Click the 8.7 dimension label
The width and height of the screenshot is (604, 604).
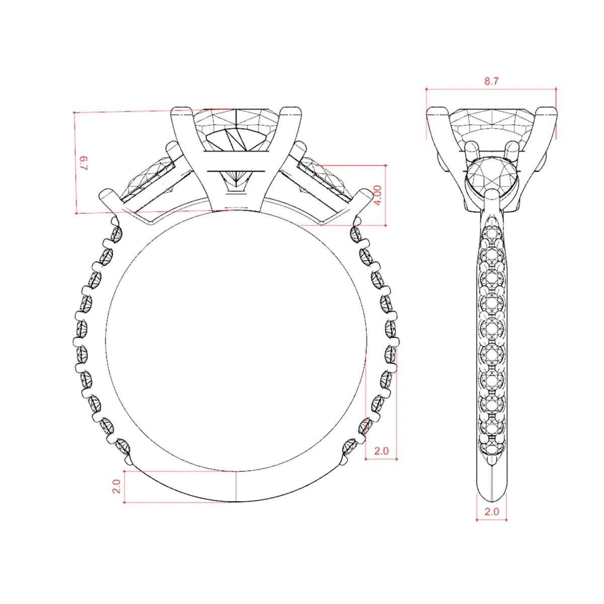491,81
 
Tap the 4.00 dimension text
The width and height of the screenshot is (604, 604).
379,195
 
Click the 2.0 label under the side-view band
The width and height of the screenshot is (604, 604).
492,520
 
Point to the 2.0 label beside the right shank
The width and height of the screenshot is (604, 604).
382,450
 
